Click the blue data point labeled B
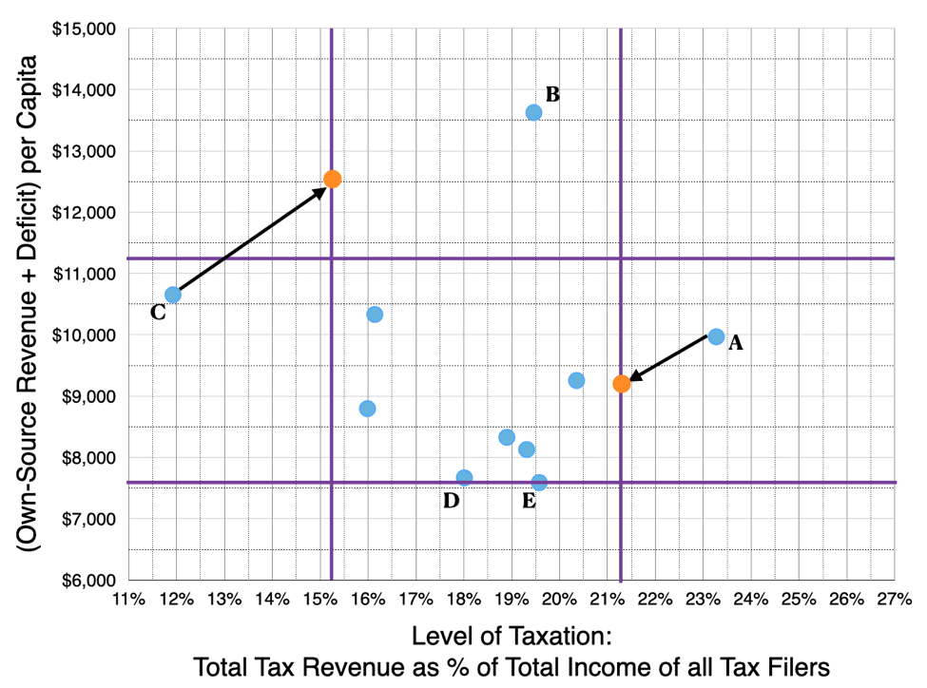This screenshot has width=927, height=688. (533, 112)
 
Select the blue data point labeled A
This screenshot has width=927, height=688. (716, 336)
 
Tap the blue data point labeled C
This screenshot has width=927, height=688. (173, 295)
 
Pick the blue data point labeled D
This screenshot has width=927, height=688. (464, 477)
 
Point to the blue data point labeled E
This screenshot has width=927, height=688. (539, 482)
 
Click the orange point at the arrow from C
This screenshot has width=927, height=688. (332, 179)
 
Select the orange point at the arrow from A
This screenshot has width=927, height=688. (621, 384)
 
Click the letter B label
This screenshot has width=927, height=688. (552, 94)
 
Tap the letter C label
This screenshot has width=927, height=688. (159, 313)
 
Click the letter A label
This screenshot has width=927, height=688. (735, 344)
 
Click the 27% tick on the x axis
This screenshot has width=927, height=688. (894, 600)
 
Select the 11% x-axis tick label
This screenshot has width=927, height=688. (128, 600)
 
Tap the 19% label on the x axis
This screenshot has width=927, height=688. (512, 600)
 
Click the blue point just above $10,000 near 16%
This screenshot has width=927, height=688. (375, 315)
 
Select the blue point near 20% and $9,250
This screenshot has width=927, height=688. (576, 380)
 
